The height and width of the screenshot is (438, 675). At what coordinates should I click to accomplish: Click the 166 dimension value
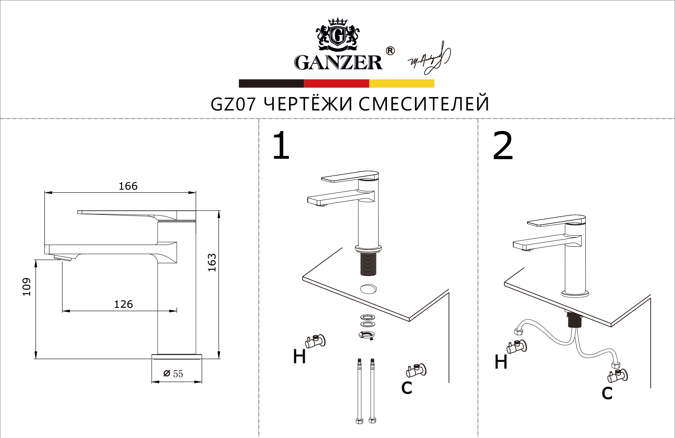[128, 186]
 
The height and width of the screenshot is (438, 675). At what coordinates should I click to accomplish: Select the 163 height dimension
[212, 263]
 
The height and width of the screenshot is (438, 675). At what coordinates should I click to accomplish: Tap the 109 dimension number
[27, 287]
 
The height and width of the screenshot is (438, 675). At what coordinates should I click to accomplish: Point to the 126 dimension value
[123, 304]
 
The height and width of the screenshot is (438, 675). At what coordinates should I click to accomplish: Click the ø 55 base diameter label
[173, 373]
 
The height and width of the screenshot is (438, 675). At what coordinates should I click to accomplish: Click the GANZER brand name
[338, 63]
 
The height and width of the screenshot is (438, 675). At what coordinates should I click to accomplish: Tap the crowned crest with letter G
[337, 34]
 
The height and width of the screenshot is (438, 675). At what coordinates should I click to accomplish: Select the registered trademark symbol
[390, 51]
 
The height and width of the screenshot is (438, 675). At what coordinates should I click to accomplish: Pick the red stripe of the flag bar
[336, 83]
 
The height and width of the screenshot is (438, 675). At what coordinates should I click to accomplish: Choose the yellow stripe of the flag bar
[402, 83]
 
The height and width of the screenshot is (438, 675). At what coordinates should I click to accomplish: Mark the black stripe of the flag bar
[271, 83]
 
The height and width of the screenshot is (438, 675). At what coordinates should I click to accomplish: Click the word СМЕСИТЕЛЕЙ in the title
[424, 104]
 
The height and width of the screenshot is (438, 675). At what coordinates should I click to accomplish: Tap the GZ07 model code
[233, 104]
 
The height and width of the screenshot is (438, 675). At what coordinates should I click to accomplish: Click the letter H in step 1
[299, 356]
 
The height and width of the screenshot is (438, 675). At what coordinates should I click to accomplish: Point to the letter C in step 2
[607, 393]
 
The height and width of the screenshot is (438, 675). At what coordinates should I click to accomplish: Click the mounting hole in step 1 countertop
[368, 289]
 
